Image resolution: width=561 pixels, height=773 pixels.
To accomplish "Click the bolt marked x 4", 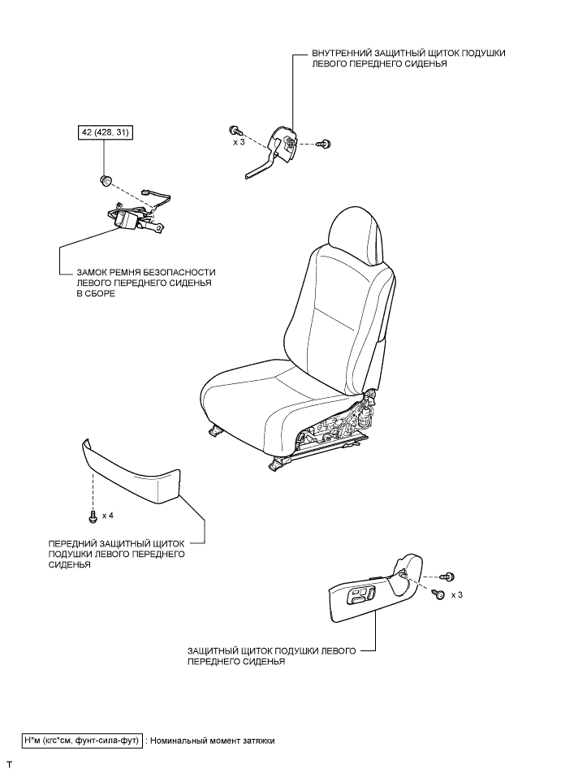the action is [93, 516].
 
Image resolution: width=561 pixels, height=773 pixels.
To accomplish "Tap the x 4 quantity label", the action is [109, 516].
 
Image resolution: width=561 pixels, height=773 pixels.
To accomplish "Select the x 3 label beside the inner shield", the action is [238, 141].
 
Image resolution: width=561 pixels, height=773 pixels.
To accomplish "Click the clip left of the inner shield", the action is [234, 130].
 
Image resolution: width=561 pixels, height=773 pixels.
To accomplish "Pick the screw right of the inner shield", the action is [322, 144].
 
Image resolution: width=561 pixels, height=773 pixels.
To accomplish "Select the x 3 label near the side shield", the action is [457, 595].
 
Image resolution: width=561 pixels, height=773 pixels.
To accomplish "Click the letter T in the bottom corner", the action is [9, 765].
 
